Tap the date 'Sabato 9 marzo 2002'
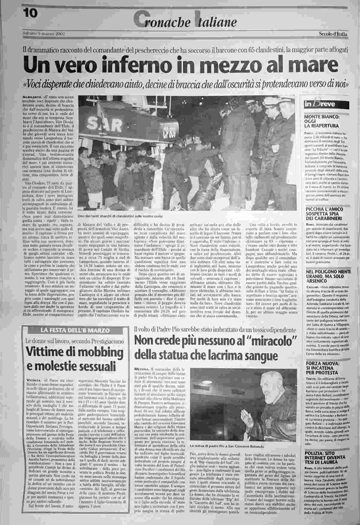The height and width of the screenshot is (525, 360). pyautogui.click(x=44, y=33)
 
